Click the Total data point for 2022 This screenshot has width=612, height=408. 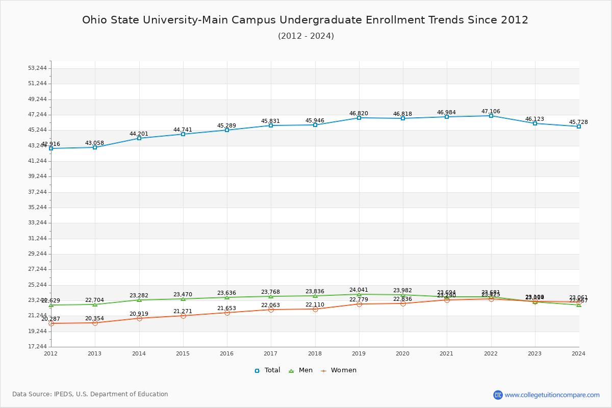coord(491,116)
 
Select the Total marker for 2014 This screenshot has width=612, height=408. coord(139,138)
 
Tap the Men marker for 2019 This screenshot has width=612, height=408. coord(359,294)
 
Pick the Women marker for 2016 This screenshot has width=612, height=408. coord(227,313)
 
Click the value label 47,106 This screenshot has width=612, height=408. coord(491,112)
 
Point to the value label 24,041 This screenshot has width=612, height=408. coord(359,290)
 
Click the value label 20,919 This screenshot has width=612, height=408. coord(139,314)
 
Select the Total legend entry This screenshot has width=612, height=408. coord(268,370)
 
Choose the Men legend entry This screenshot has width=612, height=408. coord(301,370)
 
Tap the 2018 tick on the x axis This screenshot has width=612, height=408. coord(315,353)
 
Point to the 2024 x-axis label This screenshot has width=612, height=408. coord(578,353)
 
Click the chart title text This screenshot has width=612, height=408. coord(305,20)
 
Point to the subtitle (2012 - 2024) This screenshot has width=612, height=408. coord(306,36)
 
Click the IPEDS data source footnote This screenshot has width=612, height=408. coord(90,394)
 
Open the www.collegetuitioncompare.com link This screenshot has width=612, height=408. coord(552,395)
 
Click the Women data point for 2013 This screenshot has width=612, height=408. coord(95,323)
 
